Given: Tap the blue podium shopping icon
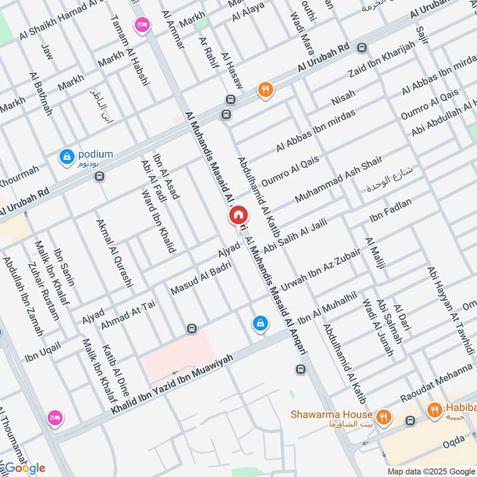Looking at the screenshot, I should (66, 157).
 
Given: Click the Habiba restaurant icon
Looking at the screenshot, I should (435, 410).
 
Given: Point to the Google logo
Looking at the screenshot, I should (23, 467).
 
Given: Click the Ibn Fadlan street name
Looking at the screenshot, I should (391, 212).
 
